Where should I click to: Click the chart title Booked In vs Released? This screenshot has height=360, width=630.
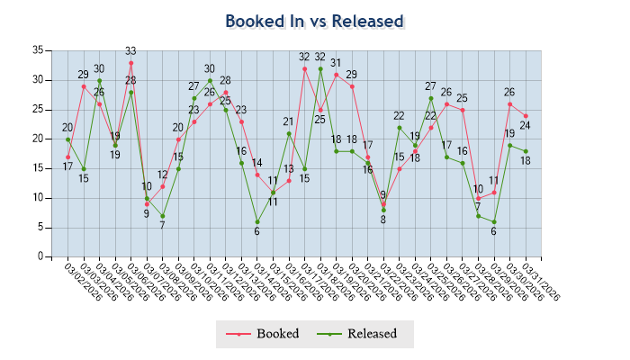coord(314,21)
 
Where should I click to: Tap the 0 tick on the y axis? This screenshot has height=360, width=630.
coord(39,256)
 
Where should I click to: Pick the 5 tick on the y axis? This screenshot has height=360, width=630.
coord(39,227)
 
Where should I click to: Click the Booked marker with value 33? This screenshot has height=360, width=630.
coord(130,62)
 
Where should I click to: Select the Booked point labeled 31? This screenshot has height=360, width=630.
coord(337,75)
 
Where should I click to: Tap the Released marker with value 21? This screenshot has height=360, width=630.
coord(289,133)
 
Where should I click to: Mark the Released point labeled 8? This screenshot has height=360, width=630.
coord(383,210)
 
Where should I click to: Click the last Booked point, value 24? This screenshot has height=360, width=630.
coord(526,115)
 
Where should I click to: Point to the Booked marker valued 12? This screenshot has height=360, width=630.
coord(163,186)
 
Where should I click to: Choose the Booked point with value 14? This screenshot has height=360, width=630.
coord(257,175)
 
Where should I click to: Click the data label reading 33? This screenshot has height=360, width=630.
coord(130,51)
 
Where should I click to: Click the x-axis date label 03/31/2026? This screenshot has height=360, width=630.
coord(540,281)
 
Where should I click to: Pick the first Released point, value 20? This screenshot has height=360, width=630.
coord(67,139)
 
